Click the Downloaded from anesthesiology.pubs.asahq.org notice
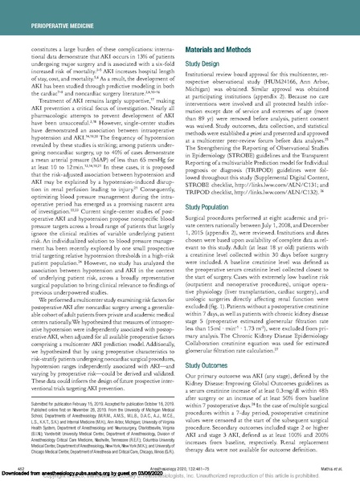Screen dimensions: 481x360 pos(88,475)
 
